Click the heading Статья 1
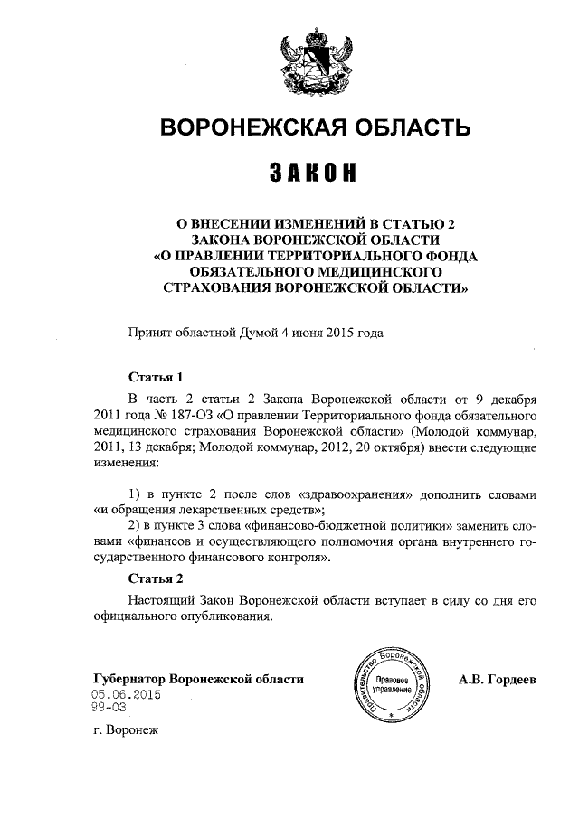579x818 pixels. coord(155,377)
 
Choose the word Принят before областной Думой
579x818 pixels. coord(151,333)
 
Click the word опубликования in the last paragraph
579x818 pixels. coord(230,617)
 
